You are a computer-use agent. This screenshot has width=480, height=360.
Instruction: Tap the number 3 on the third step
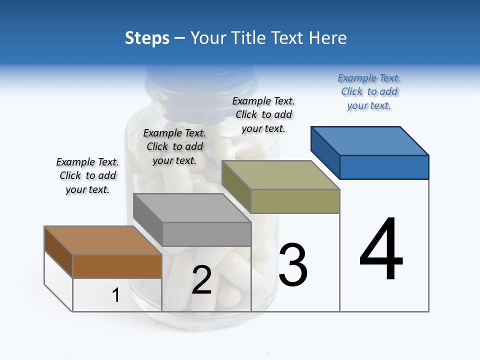[293, 264]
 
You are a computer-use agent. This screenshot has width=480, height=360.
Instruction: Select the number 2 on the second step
[202, 280]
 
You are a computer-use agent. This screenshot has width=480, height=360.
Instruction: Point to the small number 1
[116, 295]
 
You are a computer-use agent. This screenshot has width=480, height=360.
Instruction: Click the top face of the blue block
[370, 140]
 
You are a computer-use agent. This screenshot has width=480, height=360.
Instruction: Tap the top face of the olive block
[280, 175]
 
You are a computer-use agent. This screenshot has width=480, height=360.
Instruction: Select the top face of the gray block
[192, 208]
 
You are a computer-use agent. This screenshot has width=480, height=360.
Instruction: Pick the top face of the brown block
[103, 240]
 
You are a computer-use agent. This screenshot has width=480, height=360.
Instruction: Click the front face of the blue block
[384, 167]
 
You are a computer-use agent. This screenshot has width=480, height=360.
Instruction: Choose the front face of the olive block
[295, 201]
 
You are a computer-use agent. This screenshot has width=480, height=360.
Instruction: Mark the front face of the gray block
[206, 234]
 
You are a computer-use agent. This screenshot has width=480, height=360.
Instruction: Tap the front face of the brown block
[117, 266]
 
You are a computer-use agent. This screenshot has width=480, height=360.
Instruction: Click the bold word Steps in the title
[147, 38]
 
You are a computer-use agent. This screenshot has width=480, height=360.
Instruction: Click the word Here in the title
[328, 38]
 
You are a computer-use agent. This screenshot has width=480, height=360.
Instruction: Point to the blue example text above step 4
[369, 92]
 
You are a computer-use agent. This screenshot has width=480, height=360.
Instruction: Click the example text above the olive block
[263, 114]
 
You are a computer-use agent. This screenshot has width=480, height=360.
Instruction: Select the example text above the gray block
[174, 146]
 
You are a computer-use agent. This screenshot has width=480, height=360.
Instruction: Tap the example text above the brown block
[87, 175]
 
